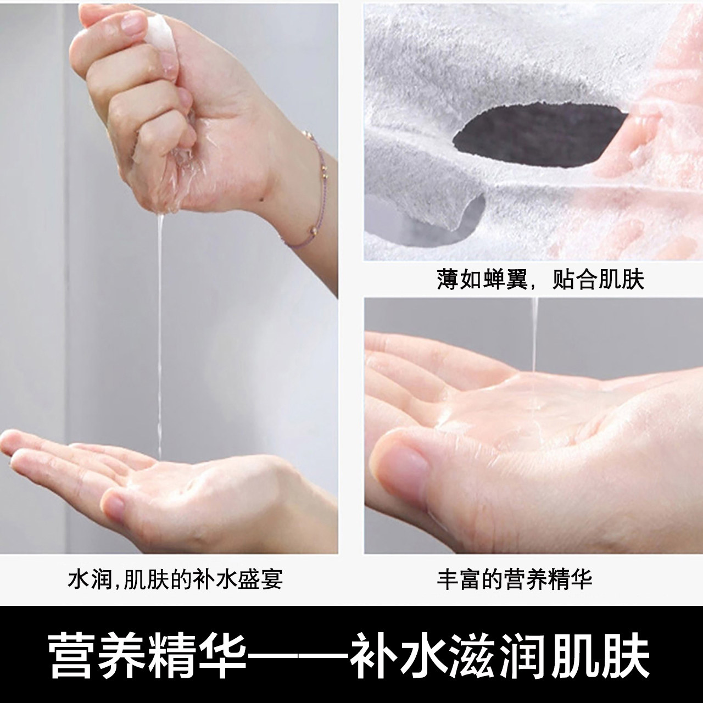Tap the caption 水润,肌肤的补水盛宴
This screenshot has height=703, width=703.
pyautogui.click(x=175, y=578)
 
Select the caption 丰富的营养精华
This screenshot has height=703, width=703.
pyautogui.click(x=515, y=578)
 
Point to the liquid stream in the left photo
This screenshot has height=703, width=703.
pyautogui.click(x=159, y=330)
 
